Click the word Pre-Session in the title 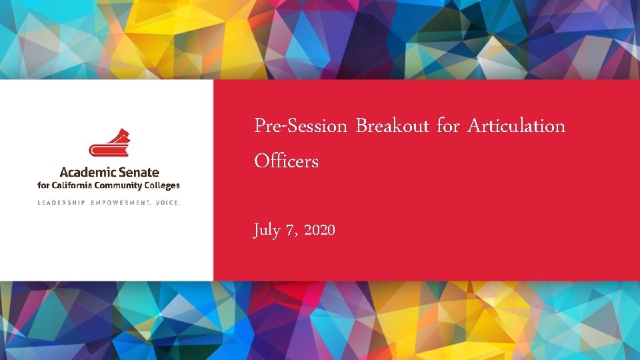(x=301, y=125)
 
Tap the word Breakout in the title (x=392, y=125)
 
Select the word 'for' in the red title (x=448, y=125)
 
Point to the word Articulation (x=516, y=125)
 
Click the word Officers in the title (x=286, y=161)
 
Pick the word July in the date (x=267, y=231)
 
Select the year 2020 (x=320, y=231)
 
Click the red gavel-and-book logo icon (x=109, y=144)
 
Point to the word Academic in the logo (x=85, y=173)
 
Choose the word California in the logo (x=73, y=186)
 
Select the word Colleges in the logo (x=162, y=186)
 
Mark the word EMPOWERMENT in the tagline (x=119, y=202)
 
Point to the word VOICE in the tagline (x=167, y=202)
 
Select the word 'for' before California (x=44, y=186)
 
